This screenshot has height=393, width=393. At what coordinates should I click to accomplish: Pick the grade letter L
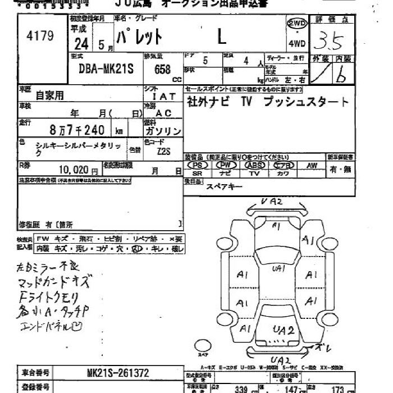tap(222, 37)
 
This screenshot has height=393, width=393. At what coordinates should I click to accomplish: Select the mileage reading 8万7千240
tap(77, 130)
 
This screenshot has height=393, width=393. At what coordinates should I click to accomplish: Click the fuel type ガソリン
tap(163, 131)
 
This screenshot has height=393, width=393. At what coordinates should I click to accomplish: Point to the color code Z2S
tap(163, 150)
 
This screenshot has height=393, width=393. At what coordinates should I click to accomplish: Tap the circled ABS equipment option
tap(254, 166)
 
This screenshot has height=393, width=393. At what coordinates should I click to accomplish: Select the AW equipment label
tap(312, 166)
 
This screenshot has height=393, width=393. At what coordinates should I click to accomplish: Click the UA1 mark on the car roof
tap(278, 269)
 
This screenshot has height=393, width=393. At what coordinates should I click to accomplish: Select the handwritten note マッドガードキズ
tap(53, 281)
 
